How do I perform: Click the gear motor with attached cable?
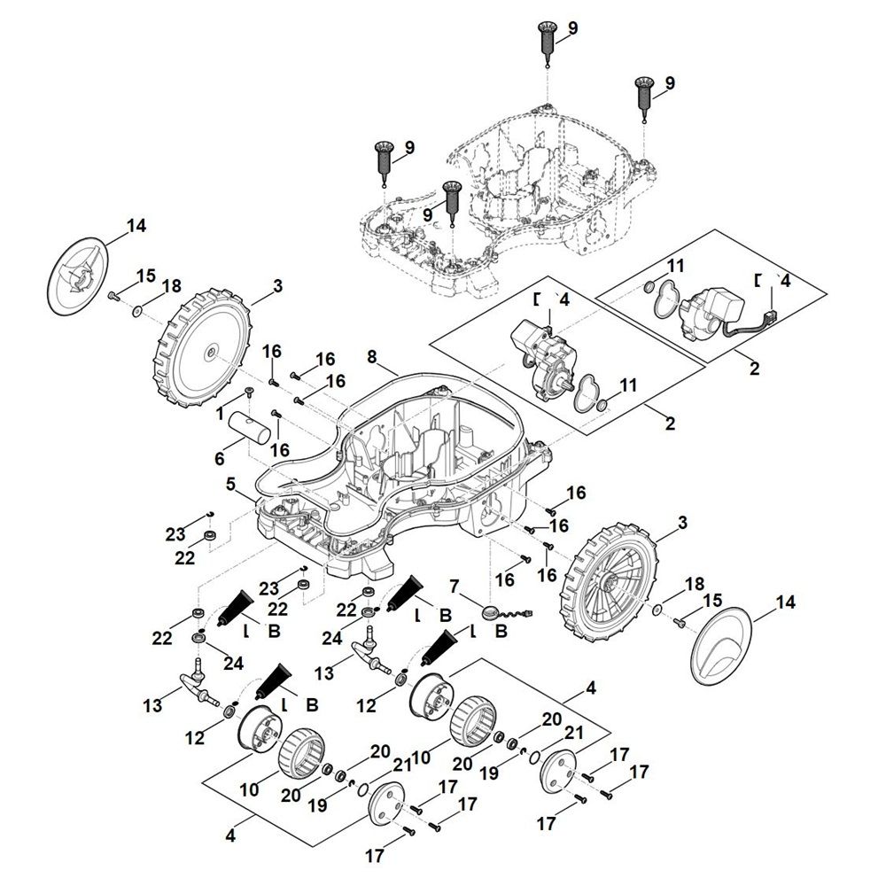(716, 317)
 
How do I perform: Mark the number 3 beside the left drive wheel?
(277, 286)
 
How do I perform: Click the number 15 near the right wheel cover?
(711, 602)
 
